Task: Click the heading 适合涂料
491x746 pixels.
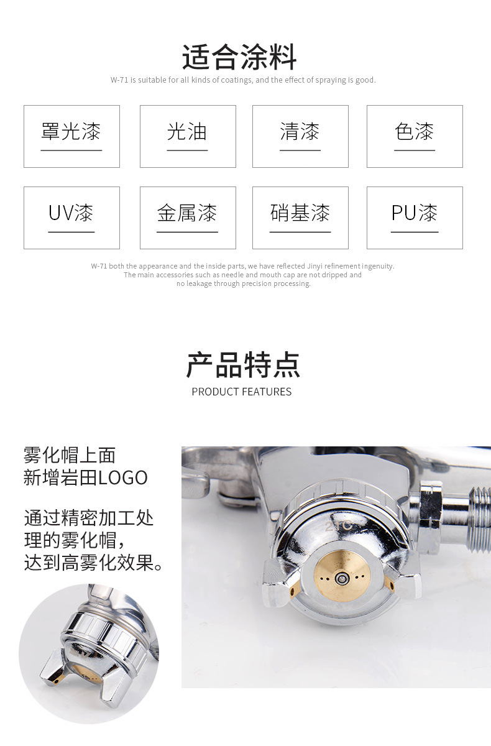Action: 239,57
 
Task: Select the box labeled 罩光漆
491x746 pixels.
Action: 71,136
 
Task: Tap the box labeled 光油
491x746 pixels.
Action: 188,136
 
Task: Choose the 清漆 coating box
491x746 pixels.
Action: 300,136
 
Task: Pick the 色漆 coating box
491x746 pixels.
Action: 415,136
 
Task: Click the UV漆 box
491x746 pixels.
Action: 71,218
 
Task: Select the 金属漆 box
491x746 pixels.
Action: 188,218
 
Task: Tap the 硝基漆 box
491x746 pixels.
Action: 300,218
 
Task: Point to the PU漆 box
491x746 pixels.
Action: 415,218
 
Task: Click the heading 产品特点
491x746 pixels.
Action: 243,365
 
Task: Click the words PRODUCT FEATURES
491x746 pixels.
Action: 242,392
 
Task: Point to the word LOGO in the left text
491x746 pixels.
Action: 123,477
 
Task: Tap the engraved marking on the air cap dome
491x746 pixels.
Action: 338,526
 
